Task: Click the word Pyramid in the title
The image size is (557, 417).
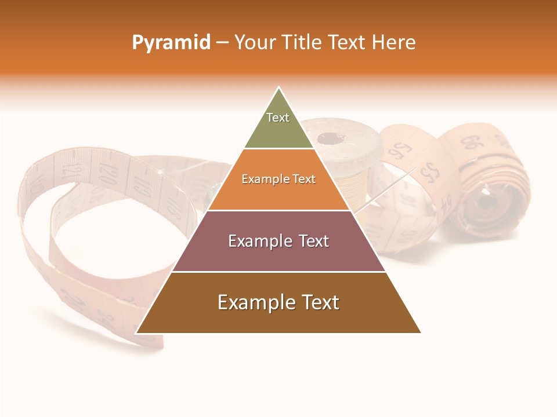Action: pos(171,43)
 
